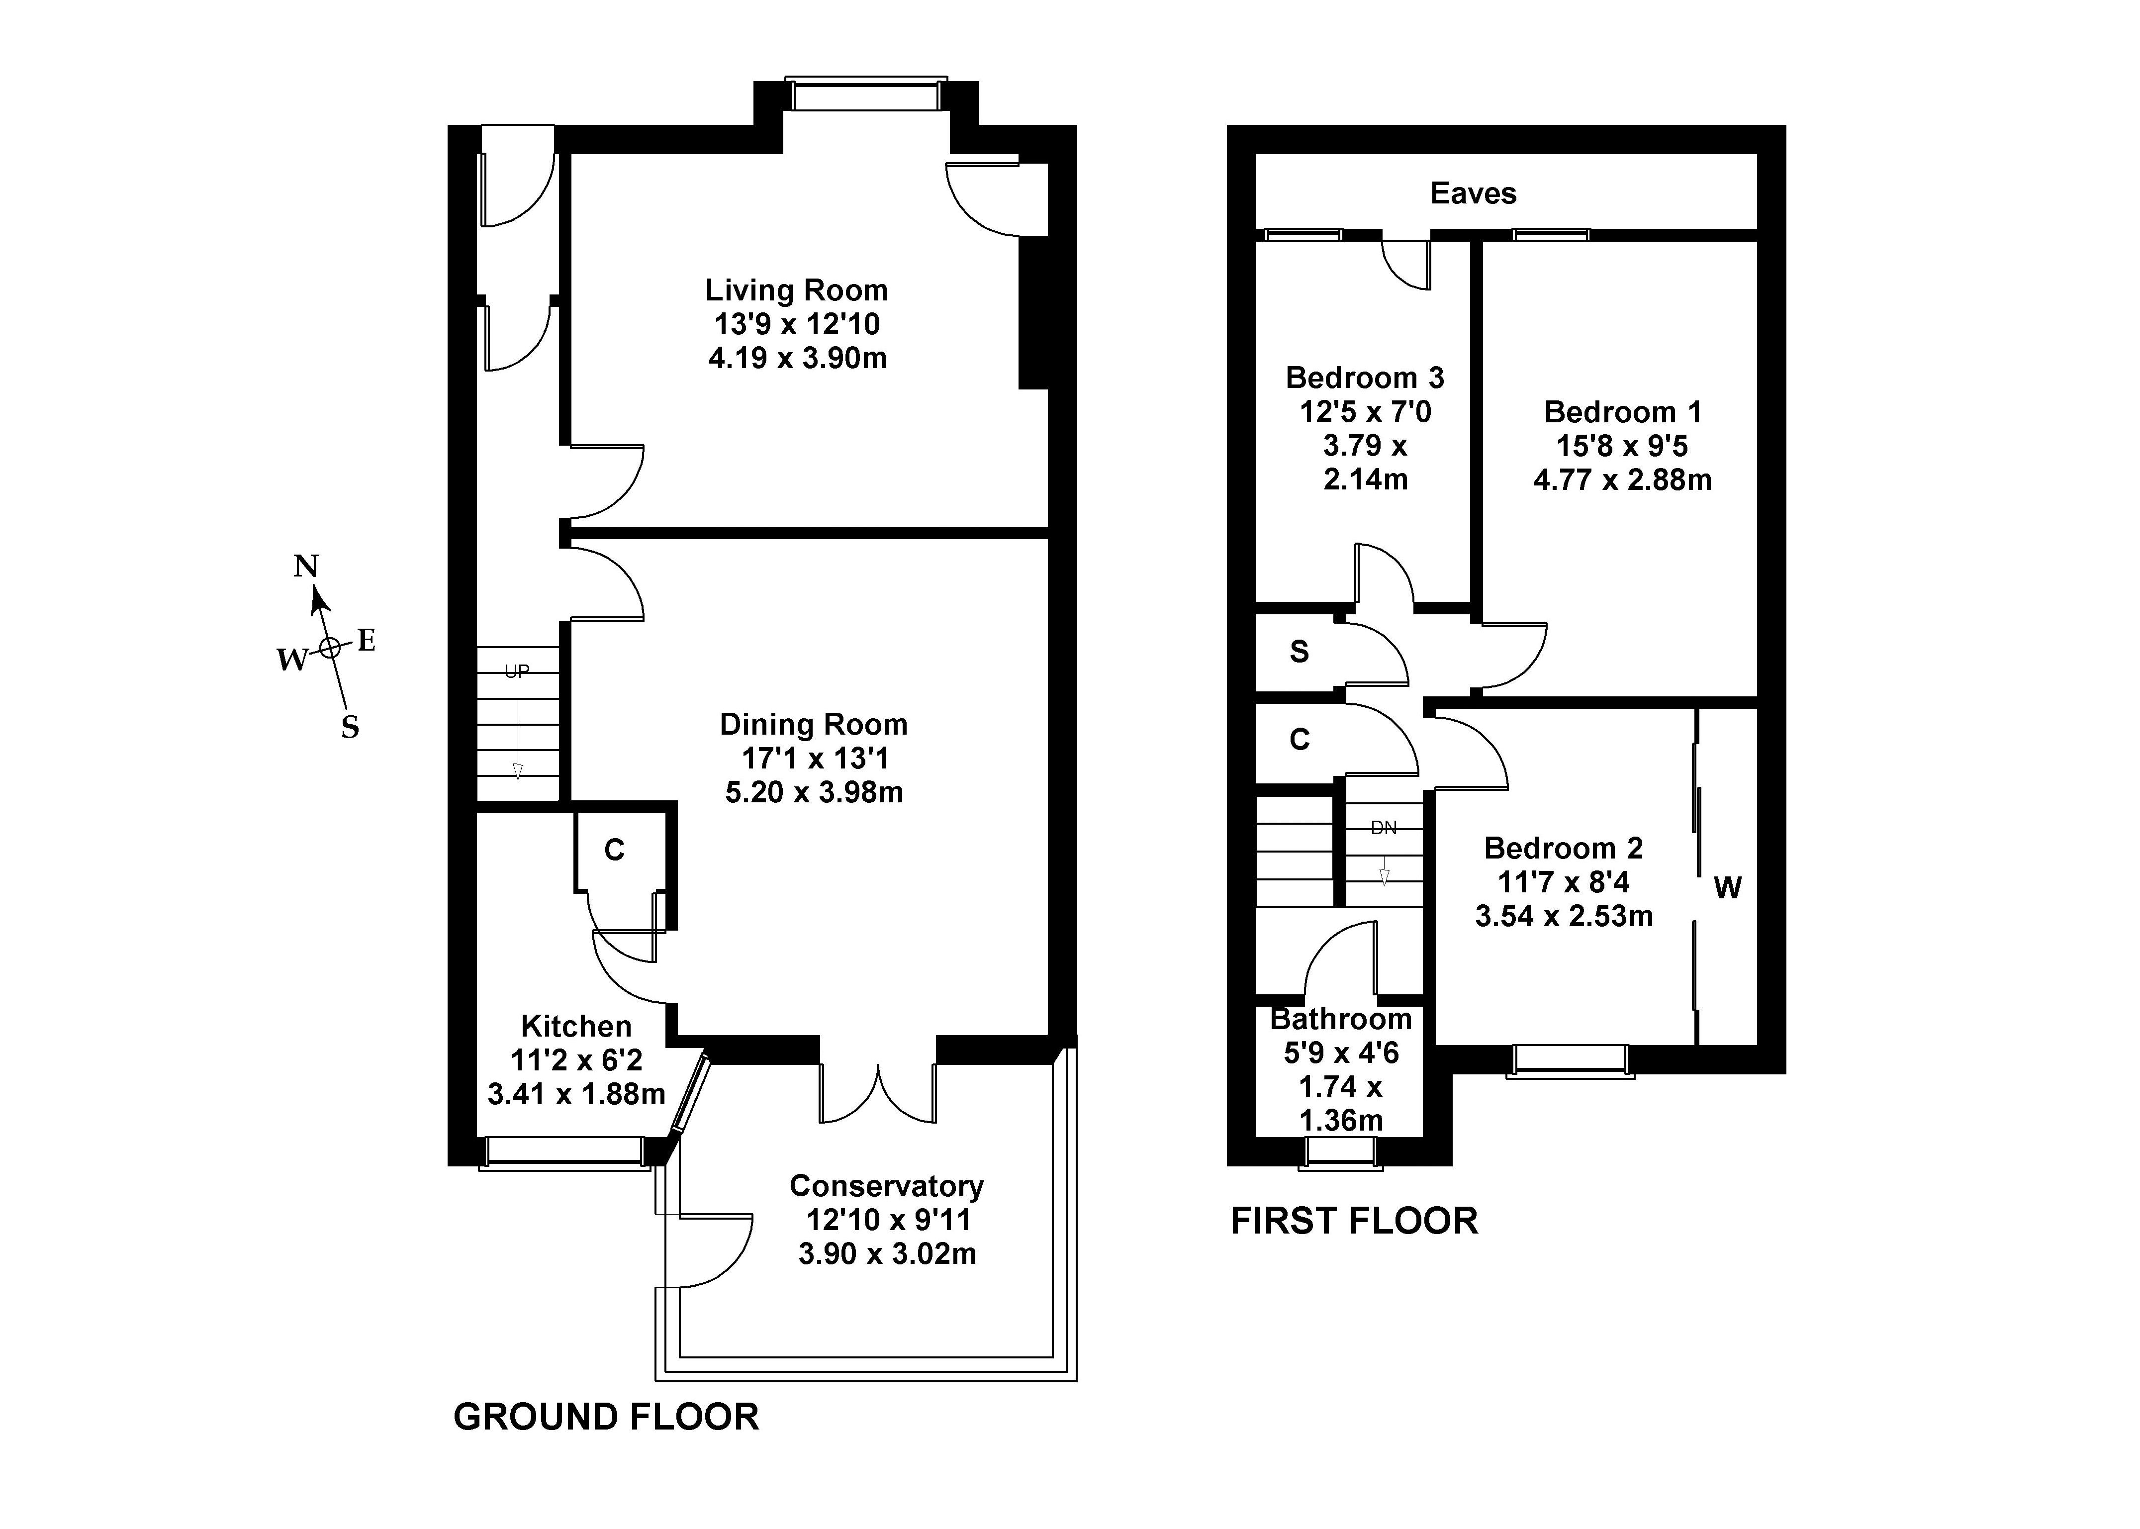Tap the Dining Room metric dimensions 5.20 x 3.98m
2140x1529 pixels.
point(814,792)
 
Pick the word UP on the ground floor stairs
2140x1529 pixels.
point(517,671)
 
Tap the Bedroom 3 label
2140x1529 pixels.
point(1364,378)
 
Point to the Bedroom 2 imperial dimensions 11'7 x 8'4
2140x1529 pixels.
point(1564,882)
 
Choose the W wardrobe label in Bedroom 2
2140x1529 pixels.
point(1727,887)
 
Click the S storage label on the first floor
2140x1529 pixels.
point(1299,652)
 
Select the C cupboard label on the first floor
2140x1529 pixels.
point(1299,740)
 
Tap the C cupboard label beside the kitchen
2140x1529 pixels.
point(614,850)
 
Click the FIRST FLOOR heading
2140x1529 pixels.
point(1354,1221)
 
